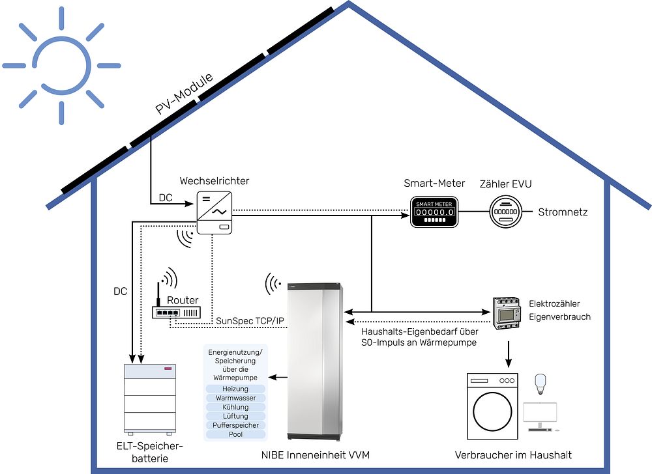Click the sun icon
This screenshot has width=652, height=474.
(61, 66)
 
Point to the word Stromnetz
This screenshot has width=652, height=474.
(562, 212)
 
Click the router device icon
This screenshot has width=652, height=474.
(175, 311)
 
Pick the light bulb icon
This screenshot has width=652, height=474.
(539, 384)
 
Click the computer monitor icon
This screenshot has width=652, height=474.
(540, 415)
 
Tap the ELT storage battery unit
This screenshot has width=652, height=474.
(151, 399)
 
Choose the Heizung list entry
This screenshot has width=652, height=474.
(235, 389)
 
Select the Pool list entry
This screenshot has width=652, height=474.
(235, 434)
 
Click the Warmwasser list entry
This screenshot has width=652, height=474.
(235, 398)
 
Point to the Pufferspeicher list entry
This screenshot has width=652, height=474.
(235, 425)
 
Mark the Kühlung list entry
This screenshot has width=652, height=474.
(235, 407)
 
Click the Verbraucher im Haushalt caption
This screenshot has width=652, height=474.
(513, 455)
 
